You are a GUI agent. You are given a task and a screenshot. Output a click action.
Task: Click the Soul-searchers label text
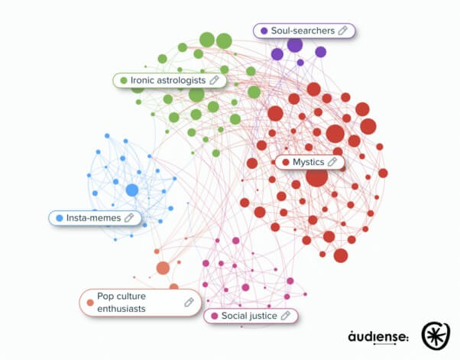pyautogui.click(x=303, y=31)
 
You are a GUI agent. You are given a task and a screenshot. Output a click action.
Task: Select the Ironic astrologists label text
pyautogui.click(x=168, y=80)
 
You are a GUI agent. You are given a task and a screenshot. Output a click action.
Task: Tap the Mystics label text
pyautogui.click(x=309, y=162)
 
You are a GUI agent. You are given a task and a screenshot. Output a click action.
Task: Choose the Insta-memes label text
pyautogui.click(x=93, y=218)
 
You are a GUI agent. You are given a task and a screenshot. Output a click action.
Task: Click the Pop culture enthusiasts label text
pyautogui.click(x=121, y=303)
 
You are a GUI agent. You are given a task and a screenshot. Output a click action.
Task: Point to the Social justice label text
pyautogui.click(x=249, y=316)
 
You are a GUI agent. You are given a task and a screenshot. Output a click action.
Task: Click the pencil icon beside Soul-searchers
pyautogui.click(x=343, y=31)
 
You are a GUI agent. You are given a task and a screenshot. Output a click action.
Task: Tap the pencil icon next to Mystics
pyautogui.click(x=332, y=161)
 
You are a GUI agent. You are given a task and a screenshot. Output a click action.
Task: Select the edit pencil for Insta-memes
pyautogui.click(x=129, y=217)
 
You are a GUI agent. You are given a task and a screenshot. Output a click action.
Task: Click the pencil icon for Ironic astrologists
pyautogui.click(x=215, y=79)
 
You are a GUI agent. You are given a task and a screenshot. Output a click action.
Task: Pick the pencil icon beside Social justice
pyautogui.click(x=286, y=316)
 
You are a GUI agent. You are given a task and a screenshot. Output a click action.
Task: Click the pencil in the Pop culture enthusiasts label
pyautogui.click(x=190, y=302)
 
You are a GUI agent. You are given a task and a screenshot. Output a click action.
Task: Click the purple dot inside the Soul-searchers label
pyautogui.click(x=264, y=31)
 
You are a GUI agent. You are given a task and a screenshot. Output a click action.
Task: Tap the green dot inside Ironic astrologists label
pyautogui.click(x=124, y=80)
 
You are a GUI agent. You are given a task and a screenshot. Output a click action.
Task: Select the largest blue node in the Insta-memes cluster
pyautogui.click(x=132, y=190)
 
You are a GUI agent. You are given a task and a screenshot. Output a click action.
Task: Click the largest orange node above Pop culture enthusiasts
pyautogui.click(x=163, y=268)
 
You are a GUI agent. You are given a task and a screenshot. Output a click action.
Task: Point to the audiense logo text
pyautogui.click(x=378, y=336)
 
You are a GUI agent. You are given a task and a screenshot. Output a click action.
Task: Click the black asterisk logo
pyautogui.click(x=436, y=336)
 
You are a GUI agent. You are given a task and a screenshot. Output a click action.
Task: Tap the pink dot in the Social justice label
pyautogui.click(x=215, y=316)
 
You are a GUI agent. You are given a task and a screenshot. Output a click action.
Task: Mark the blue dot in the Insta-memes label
pyautogui.click(x=60, y=218)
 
